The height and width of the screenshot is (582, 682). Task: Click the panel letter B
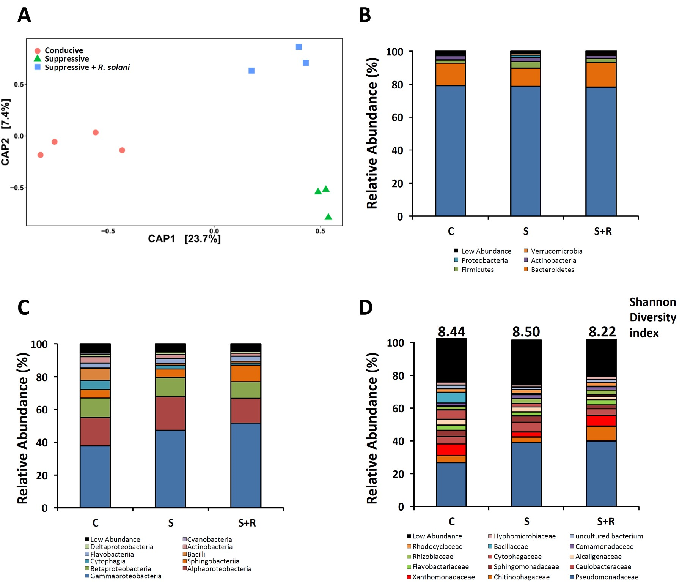pos(365,16)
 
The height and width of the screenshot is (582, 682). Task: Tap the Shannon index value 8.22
pos(602,332)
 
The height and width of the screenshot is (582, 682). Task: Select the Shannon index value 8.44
pos(451,332)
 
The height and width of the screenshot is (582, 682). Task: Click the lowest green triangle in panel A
pos(328,217)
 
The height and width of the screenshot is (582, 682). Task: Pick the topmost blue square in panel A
pos(299,47)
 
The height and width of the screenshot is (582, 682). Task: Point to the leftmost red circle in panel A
pos(41,155)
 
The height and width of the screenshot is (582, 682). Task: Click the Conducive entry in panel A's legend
pos(63,50)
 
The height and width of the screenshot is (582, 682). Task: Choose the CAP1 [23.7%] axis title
pos(184,239)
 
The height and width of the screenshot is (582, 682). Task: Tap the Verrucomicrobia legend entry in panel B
pos(556,251)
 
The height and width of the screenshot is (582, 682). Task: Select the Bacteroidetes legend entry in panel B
pos(552,270)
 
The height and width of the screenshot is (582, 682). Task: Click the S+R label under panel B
pos(602,231)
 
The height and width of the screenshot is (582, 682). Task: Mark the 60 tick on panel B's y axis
pos(398,117)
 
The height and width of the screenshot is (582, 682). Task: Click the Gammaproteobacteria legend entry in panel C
pos(125,576)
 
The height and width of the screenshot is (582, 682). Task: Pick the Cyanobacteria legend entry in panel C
pos(209,539)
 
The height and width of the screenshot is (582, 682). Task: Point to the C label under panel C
pos(96,523)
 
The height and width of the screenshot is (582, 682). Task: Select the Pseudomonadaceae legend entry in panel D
pos(606,577)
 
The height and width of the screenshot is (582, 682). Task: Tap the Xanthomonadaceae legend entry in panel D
pos(443,577)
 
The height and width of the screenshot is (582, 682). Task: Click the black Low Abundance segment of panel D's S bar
pos(526,363)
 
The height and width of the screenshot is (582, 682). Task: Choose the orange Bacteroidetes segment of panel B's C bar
pos(451,74)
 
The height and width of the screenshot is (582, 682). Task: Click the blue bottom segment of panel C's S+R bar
pos(246,465)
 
